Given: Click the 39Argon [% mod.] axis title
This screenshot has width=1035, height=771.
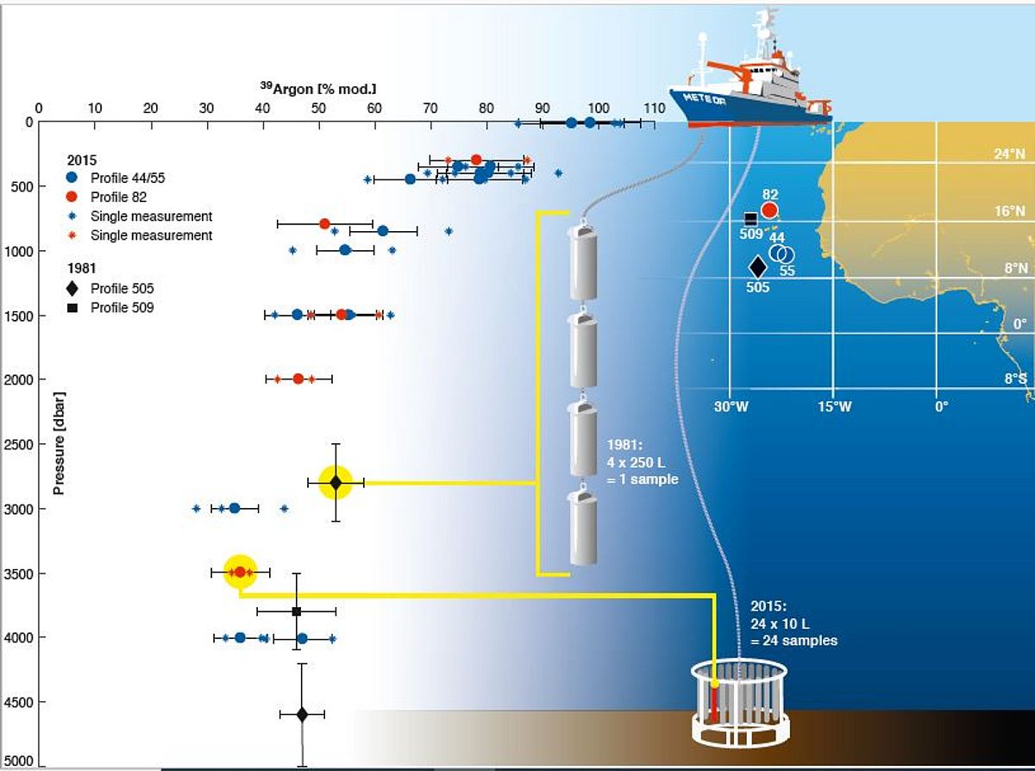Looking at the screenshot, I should (318, 88).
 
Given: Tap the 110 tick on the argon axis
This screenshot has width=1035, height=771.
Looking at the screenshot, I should (654, 108).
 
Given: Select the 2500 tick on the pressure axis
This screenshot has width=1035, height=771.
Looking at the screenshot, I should (18, 444).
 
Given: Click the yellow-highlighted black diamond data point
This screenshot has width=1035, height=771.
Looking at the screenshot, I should (336, 482).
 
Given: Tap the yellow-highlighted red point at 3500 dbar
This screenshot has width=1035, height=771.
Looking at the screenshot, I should (241, 572).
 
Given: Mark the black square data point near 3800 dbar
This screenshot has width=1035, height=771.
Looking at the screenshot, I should (297, 611).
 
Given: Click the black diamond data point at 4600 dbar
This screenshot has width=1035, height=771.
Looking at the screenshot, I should (302, 714).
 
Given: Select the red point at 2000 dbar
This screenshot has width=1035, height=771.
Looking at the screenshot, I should (298, 379).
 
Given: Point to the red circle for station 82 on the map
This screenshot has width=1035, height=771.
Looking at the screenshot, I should (770, 210).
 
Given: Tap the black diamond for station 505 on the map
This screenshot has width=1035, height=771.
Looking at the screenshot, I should (758, 267).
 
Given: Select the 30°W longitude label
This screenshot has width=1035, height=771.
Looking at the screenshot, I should (731, 406).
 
